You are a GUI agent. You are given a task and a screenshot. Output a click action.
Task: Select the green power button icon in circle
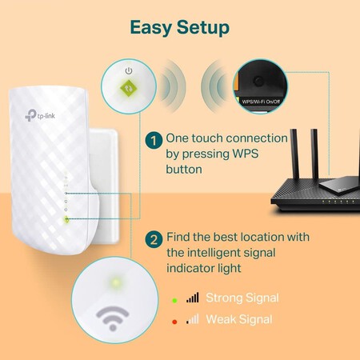click(x=127, y=83)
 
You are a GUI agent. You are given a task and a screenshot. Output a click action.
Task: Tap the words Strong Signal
click(x=243, y=298)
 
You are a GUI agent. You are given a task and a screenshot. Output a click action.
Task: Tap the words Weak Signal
click(x=240, y=319)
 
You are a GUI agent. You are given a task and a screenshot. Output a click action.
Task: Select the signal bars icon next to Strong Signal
click(x=192, y=298)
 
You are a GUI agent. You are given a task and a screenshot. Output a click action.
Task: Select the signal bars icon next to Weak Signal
click(x=192, y=319)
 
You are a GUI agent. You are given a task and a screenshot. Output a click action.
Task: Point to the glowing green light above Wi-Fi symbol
click(x=117, y=282)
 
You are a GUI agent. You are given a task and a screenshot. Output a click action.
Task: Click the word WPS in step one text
click(x=244, y=154)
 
